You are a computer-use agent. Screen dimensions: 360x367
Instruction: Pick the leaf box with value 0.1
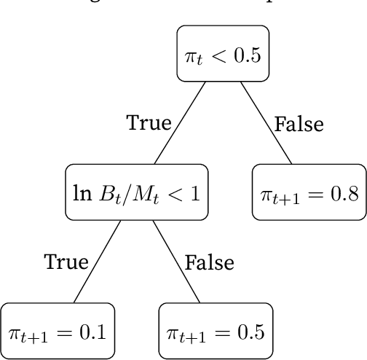(58, 332)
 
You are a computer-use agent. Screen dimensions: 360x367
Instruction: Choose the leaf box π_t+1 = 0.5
(213, 333)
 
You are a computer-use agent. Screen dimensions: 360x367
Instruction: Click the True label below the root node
(149, 123)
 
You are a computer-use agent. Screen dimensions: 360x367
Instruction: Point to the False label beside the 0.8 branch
(299, 124)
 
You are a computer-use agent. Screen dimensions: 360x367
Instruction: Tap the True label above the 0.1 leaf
(66, 262)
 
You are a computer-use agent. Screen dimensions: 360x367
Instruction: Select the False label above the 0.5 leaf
(209, 262)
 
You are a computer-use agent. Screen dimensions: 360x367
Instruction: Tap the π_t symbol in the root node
(192, 55)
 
